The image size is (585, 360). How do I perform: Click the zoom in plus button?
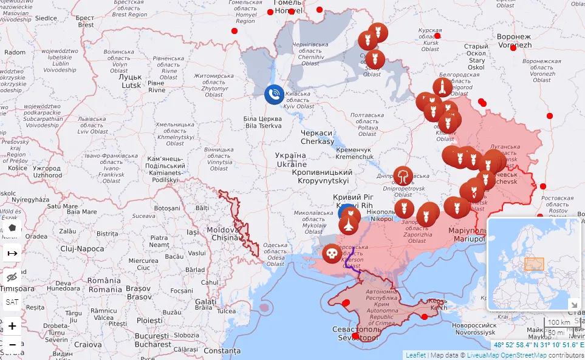(x=12, y=326)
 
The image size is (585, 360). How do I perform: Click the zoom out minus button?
(x=12, y=345)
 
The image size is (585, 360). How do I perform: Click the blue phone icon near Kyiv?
(x=274, y=94)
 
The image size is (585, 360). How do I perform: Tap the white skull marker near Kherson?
(x=331, y=253)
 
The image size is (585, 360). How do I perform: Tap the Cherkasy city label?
(x=317, y=137)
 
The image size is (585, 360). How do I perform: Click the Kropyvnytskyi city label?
(x=320, y=177)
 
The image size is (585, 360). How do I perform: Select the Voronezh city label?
(x=514, y=41)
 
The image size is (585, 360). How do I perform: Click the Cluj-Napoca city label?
(x=83, y=249)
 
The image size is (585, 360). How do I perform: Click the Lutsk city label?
(x=131, y=81)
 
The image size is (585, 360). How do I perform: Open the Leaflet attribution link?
(x=416, y=355)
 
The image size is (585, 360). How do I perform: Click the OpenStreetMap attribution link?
(x=523, y=355)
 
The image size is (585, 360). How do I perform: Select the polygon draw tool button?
(x=12, y=228)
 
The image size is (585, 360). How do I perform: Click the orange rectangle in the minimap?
(x=534, y=264)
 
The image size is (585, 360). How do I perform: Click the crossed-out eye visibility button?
(x=12, y=277)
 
